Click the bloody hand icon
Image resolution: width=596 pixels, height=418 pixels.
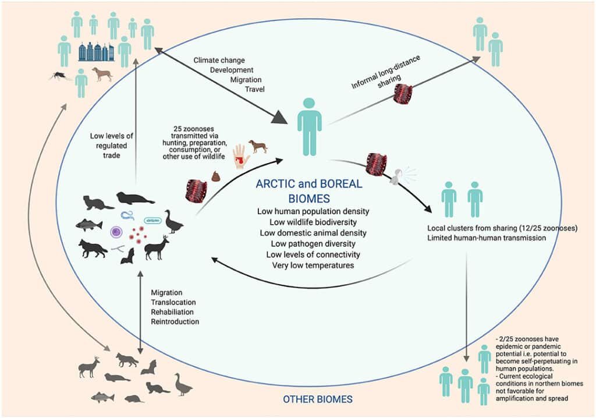(x=239, y=155)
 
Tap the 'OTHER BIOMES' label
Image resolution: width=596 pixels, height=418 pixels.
(x=318, y=400)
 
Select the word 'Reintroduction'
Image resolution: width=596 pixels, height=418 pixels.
(x=175, y=321)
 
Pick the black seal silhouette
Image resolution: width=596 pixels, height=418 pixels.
(x=134, y=199)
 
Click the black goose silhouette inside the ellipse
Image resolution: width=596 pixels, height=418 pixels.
(x=173, y=222)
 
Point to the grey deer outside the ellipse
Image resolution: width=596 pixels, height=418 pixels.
(x=89, y=366)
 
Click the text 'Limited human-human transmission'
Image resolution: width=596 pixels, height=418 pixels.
(x=486, y=238)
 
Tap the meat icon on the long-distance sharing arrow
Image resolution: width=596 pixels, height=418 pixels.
(x=403, y=94)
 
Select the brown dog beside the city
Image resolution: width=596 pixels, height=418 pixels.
(x=102, y=74)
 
